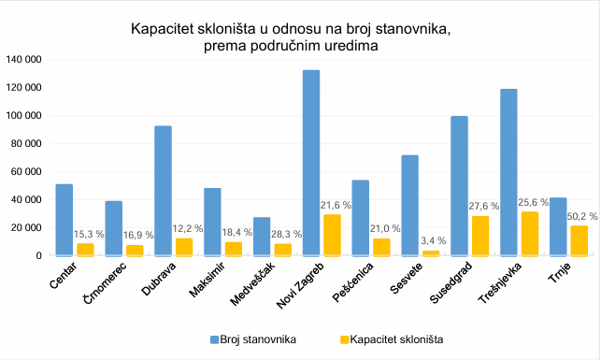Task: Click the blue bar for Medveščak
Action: pos(262,237)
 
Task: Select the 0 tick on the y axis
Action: pos(39,255)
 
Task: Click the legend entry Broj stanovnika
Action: pos(254,338)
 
